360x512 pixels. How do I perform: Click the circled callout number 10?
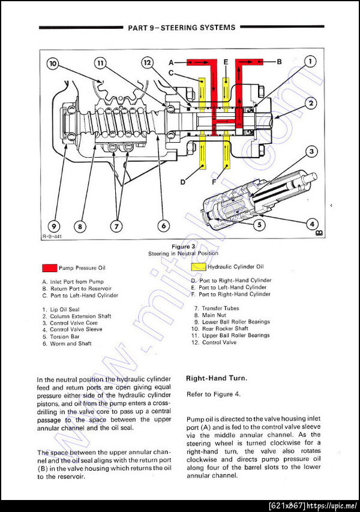pos(53,63)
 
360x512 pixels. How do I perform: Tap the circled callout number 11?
pos(100,63)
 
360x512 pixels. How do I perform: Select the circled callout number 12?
pos(148,62)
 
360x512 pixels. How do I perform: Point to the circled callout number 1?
pos(309,61)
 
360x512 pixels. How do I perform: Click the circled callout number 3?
pos(311,152)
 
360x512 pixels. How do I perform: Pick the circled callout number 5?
pos(259,225)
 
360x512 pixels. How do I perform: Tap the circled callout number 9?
pos(53,226)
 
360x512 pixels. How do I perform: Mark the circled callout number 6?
pos(162,226)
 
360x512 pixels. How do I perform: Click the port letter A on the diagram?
pos(171,62)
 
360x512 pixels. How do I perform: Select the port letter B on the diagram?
pos(279,61)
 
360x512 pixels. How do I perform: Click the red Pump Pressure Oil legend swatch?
pos(49,268)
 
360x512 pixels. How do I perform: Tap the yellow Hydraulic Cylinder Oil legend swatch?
pos(199,267)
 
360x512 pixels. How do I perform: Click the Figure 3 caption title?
pos(184,246)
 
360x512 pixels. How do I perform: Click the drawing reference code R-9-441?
pos(52,237)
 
